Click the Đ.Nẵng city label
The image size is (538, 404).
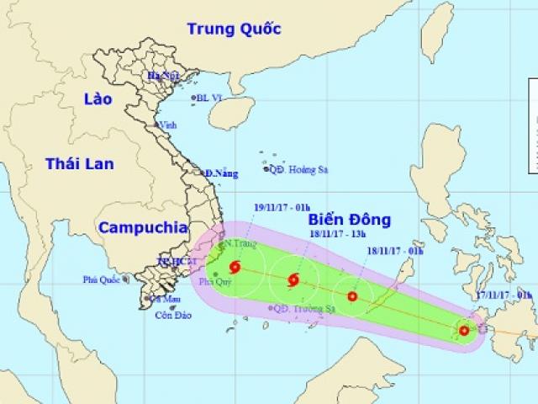point(222,173)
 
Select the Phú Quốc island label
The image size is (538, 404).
point(102,279)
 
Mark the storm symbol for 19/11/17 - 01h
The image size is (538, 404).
point(235,268)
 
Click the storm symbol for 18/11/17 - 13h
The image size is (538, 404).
point(293,280)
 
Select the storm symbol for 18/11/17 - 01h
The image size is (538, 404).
point(352,296)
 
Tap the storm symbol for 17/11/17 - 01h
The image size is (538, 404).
point(465,330)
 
